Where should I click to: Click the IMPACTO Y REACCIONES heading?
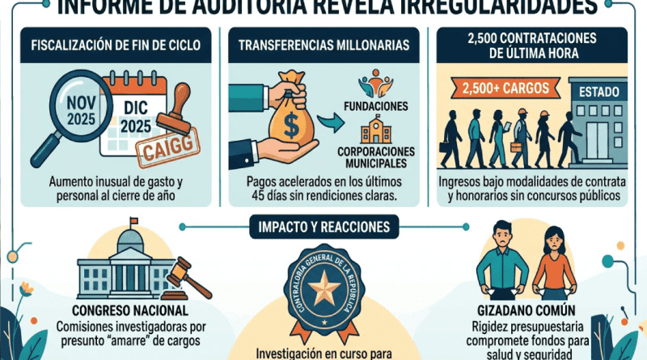323,227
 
